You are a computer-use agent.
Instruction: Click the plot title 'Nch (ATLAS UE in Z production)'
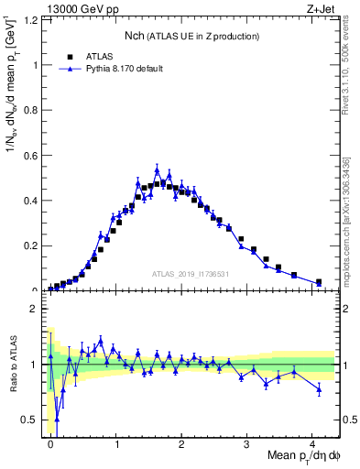click(191, 36)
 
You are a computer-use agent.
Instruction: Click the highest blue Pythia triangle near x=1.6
click(157, 170)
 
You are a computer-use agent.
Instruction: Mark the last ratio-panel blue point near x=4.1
click(319, 389)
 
